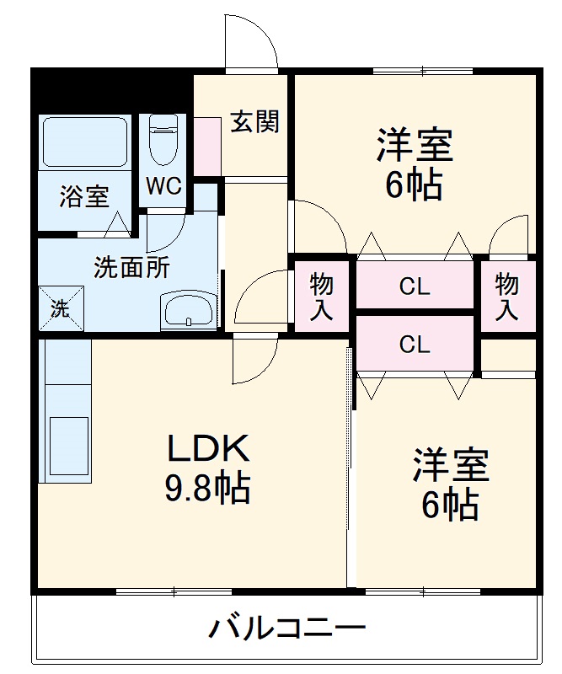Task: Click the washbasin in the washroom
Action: coord(189,310)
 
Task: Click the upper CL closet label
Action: coord(415,286)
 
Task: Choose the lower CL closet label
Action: coord(415,344)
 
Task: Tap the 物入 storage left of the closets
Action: coord(321,296)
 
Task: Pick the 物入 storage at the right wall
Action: coord(506,296)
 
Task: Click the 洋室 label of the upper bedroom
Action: coord(415,145)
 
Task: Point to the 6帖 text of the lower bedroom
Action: coord(450,505)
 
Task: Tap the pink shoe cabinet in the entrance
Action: coord(206,146)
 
